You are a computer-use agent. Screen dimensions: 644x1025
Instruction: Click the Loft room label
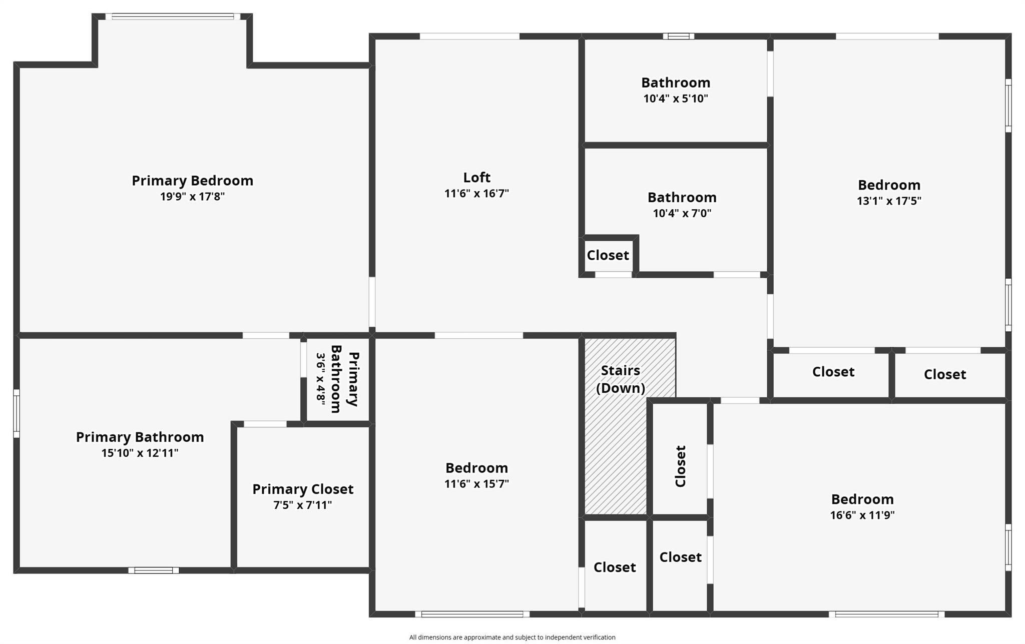click(x=476, y=178)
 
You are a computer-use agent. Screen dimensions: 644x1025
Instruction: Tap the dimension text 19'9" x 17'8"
click(x=192, y=197)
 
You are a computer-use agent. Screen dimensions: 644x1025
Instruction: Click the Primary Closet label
click(x=303, y=489)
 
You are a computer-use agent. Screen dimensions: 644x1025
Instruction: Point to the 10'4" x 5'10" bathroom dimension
click(x=676, y=99)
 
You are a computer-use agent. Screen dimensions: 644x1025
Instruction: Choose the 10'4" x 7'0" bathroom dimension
click(x=682, y=214)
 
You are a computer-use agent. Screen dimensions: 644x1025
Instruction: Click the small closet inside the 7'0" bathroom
click(x=608, y=255)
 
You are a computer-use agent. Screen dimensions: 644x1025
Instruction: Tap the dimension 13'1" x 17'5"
click(x=889, y=201)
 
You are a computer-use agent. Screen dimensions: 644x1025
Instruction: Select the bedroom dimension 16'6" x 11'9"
click(x=862, y=515)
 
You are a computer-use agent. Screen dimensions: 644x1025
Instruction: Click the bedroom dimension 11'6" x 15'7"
click(x=476, y=484)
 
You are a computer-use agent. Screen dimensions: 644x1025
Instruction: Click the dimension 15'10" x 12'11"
click(x=140, y=453)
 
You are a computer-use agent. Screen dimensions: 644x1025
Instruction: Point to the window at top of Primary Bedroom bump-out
click(x=173, y=17)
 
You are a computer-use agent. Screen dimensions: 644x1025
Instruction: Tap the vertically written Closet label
click(x=680, y=466)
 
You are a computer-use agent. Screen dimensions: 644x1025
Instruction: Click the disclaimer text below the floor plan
click(x=512, y=637)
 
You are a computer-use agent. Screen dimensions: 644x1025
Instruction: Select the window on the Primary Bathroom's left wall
click(x=17, y=413)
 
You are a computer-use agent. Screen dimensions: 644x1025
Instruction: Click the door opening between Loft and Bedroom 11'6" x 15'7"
click(x=478, y=335)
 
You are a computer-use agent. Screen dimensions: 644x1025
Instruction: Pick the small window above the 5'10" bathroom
click(x=678, y=36)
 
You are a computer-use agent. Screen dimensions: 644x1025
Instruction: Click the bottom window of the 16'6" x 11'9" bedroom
click(x=886, y=614)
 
